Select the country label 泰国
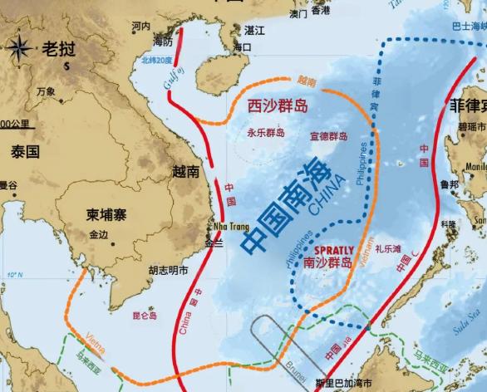click(25, 152)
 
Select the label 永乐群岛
click(265, 132)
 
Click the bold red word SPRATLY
click(335, 249)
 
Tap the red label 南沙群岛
click(327, 262)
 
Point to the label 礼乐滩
click(388, 248)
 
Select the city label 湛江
click(253, 30)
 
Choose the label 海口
click(242, 47)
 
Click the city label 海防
click(165, 42)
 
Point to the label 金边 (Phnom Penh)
click(98, 235)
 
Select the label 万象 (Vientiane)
click(46, 91)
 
